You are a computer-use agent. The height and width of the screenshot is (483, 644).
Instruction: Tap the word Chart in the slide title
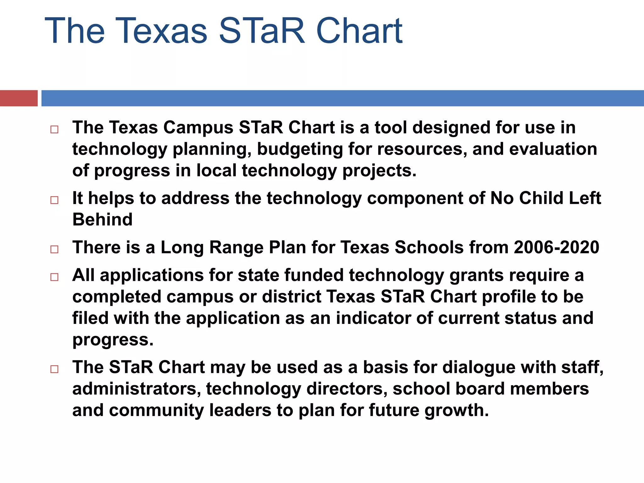(359, 31)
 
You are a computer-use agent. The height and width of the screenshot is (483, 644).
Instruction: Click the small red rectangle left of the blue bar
(19, 98)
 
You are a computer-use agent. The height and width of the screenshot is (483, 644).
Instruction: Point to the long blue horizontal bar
(342, 98)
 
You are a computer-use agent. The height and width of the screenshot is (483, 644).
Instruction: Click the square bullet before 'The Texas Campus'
(54, 130)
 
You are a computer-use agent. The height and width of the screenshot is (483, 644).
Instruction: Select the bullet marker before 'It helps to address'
(54, 200)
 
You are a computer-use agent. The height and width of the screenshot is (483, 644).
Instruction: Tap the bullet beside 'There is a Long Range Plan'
(54, 249)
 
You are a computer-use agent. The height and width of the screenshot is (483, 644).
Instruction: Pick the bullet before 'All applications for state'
(54, 277)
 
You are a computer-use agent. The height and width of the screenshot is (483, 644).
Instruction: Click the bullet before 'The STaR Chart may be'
(54, 369)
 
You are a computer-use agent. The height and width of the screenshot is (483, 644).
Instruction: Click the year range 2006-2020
(556, 247)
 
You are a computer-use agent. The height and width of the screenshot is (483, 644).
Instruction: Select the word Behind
(103, 219)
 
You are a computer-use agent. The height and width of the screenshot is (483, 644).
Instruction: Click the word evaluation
(553, 149)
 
